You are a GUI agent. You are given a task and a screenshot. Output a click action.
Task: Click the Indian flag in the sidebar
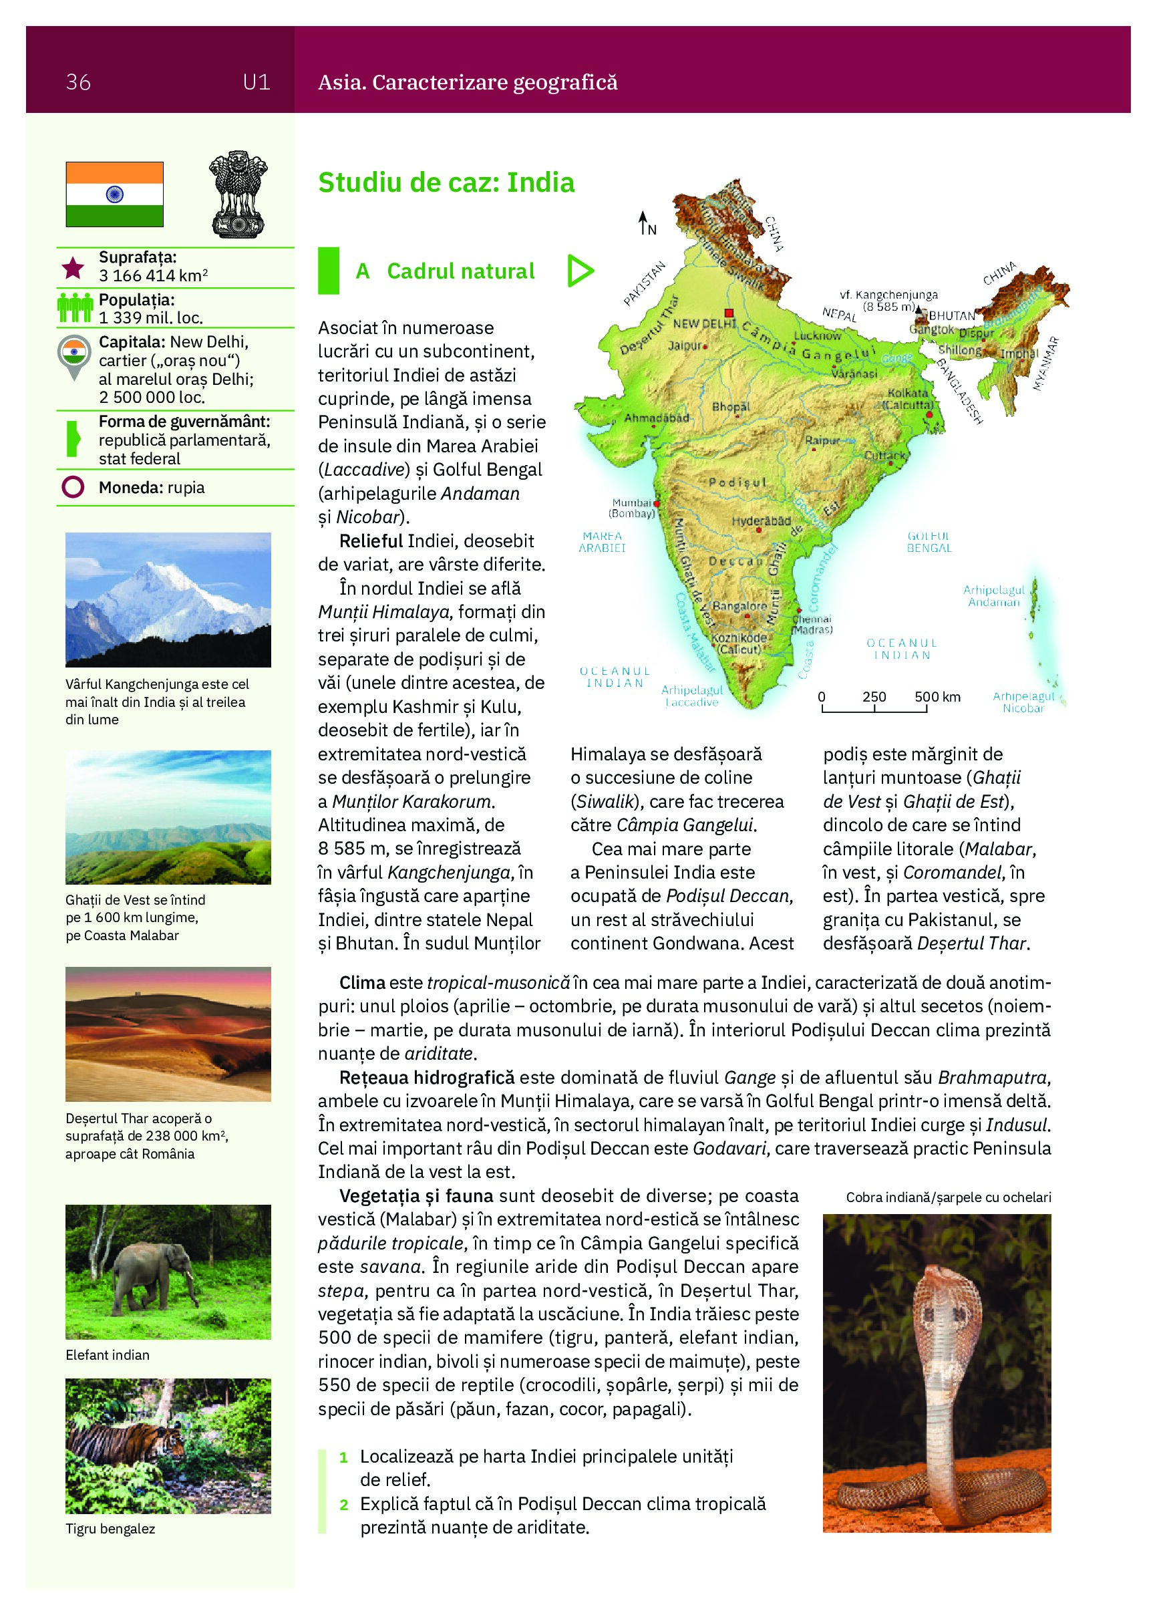tap(115, 194)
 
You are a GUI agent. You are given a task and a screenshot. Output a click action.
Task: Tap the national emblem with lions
tap(238, 194)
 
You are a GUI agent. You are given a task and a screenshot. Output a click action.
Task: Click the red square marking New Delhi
tap(728, 313)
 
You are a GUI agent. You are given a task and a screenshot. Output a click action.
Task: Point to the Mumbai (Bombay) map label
tap(631, 508)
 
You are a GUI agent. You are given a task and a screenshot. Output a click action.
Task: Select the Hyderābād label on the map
tap(761, 521)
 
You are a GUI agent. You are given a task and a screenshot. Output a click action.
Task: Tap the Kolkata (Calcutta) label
tap(908, 399)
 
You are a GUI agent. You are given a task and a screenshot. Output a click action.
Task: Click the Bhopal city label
tap(731, 407)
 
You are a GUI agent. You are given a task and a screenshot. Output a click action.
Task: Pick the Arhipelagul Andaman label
tap(994, 595)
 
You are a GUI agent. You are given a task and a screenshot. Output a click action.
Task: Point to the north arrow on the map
tap(643, 222)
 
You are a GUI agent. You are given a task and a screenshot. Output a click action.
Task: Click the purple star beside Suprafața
tap(73, 268)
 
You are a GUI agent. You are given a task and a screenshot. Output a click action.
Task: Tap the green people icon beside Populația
tap(75, 307)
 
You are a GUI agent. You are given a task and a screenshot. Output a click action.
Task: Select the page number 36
tap(78, 83)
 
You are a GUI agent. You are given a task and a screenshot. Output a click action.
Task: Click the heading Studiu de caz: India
tap(446, 183)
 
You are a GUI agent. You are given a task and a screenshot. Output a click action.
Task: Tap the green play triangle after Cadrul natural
tap(581, 271)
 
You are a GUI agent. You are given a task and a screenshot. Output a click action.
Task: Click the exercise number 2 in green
tap(344, 1505)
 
